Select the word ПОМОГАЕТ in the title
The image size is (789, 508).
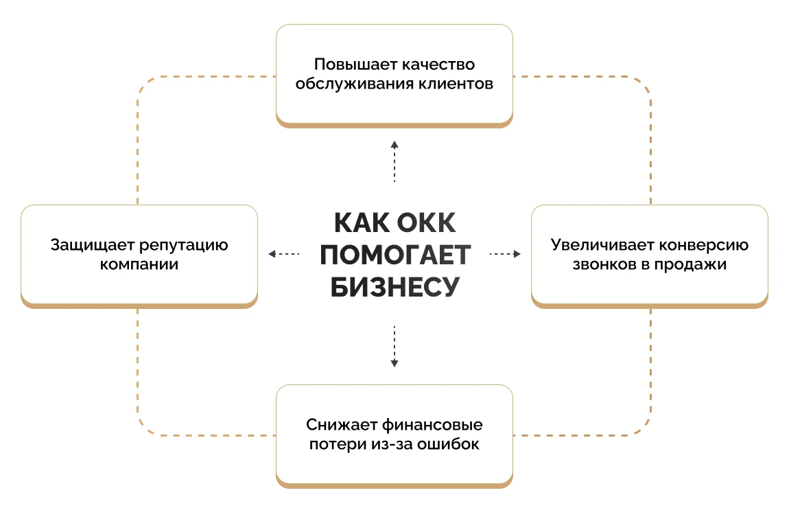tap(395, 255)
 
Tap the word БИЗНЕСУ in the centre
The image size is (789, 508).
tap(395, 287)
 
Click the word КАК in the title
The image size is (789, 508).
tap(362, 222)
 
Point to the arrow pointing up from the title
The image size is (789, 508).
tap(394, 161)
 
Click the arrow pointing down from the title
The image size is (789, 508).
tap(394, 347)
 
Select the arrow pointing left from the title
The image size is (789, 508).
tap(284, 254)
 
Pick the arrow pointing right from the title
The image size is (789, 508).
tap(505, 254)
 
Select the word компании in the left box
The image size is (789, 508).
tap(139, 264)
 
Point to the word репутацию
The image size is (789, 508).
tap(183, 246)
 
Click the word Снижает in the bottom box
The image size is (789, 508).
tap(342, 425)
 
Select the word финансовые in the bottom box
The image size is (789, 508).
tap(432, 425)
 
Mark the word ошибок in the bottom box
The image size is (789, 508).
tap(448, 444)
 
